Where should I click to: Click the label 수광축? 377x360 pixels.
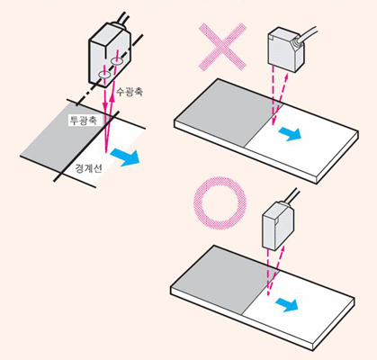(x=130, y=91)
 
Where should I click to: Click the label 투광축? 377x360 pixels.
(x=83, y=121)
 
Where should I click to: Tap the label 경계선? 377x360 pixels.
(x=88, y=168)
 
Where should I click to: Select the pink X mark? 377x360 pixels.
(x=222, y=47)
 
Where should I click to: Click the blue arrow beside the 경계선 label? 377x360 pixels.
(x=125, y=157)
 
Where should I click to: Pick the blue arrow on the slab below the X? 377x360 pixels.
(x=290, y=133)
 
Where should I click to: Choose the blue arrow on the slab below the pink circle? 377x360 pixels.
(x=287, y=305)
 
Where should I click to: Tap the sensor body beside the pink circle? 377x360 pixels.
(x=278, y=225)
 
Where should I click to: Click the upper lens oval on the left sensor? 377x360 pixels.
(x=116, y=61)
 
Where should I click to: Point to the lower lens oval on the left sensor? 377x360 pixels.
(x=104, y=75)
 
